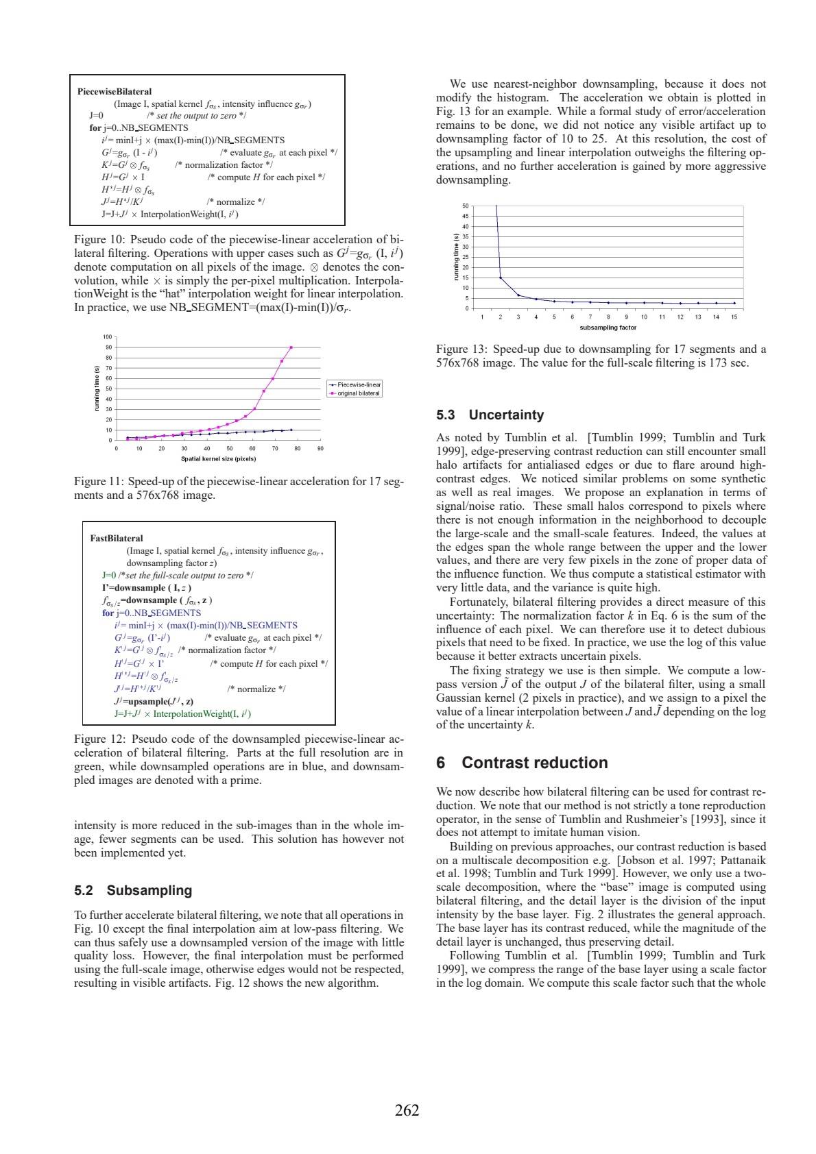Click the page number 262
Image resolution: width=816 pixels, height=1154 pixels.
click(x=407, y=1110)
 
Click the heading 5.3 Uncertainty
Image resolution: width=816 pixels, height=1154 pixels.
click(x=490, y=415)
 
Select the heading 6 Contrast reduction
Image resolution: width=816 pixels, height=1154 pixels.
click(x=522, y=763)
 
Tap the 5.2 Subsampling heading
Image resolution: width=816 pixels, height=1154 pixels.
click(x=133, y=890)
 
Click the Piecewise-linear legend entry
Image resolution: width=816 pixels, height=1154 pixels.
click(x=359, y=385)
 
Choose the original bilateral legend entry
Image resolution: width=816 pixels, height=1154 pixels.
click(x=358, y=393)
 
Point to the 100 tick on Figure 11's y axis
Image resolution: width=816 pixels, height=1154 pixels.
click(x=107, y=337)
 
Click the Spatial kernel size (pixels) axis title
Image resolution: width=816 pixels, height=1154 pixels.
click(x=218, y=459)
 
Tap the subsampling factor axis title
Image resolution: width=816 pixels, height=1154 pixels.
click(x=608, y=328)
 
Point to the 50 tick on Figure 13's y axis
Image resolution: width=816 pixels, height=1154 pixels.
click(x=466, y=206)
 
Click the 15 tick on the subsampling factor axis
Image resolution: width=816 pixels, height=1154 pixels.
click(x=734, y=317)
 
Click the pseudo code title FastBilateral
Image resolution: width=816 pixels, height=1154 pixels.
click(x=117, y=538)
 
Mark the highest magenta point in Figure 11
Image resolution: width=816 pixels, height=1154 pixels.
click(x=291, y=347)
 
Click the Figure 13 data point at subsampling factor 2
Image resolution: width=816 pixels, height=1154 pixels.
click(x=501, y=278)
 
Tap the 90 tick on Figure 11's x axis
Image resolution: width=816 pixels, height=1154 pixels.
click(x=320, y=449)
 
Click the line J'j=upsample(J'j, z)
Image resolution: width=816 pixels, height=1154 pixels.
click(x=154, y=701)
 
